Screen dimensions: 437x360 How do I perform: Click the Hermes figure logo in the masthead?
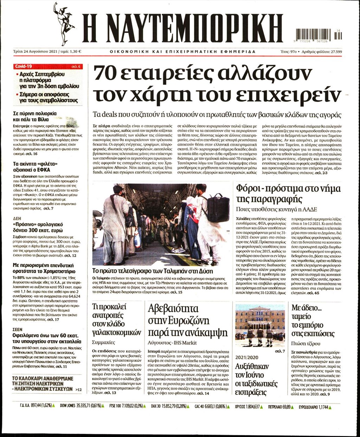point(63,23)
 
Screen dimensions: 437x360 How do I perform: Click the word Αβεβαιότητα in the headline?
point(173,309)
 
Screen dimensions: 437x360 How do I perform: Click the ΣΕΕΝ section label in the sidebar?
point(18,330)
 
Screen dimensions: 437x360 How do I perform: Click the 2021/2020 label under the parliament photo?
point(247,357)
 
